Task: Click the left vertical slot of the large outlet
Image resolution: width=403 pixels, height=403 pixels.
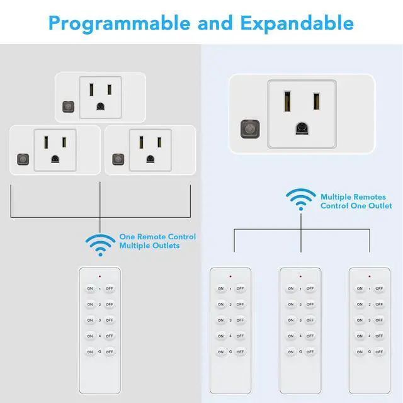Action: pos(287,101)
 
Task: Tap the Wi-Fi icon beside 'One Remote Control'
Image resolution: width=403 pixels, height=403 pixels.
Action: pos(99,244)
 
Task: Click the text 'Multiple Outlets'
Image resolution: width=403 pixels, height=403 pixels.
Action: pos(149,246)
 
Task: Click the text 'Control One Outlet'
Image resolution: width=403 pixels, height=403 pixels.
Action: pos(356,206)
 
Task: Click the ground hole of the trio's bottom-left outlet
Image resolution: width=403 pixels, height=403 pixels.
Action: pos(55,159)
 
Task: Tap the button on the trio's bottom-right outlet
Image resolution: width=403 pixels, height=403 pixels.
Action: pos(118,157)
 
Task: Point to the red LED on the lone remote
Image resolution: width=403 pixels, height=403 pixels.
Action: pos(99,276)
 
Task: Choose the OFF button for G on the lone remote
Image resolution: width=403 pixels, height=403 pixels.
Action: pos(110,351)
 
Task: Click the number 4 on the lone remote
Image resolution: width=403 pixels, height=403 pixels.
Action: pos(99,336)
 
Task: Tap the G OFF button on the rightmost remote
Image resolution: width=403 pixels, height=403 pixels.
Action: pos(378,351)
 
